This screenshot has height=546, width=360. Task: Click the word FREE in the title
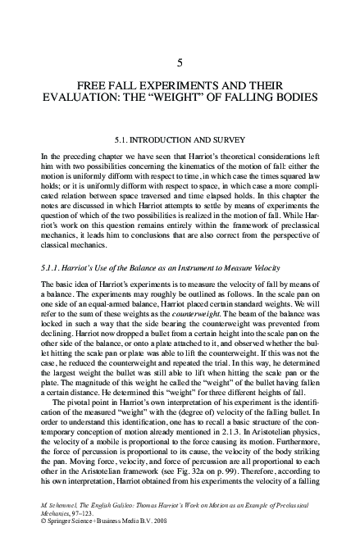90,84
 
